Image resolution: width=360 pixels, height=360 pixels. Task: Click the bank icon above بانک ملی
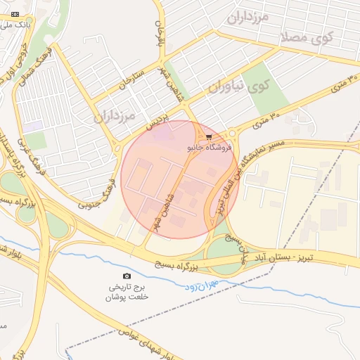pyautogui.click(x=16, y=14)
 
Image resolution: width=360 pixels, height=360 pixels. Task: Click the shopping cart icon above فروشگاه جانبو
pyautogui.click(x=208, y=137)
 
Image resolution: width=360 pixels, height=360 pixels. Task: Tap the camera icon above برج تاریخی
pyautogui.click(x=127, y=276)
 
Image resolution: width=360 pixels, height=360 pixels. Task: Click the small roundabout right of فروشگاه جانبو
pyautogui.click(x=231, y=133)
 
